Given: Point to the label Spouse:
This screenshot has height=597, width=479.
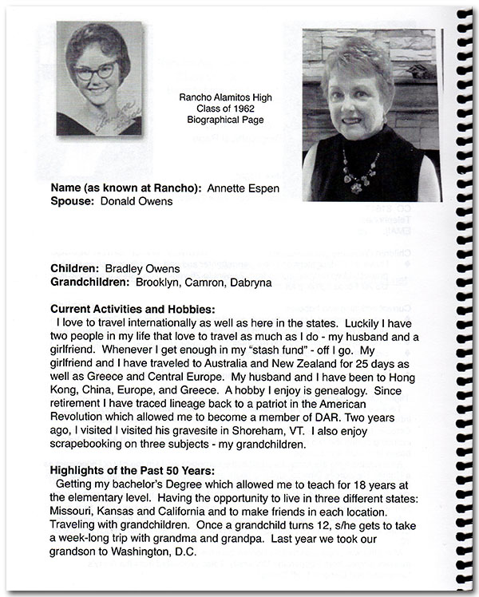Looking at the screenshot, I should click(x=73, y=202).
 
